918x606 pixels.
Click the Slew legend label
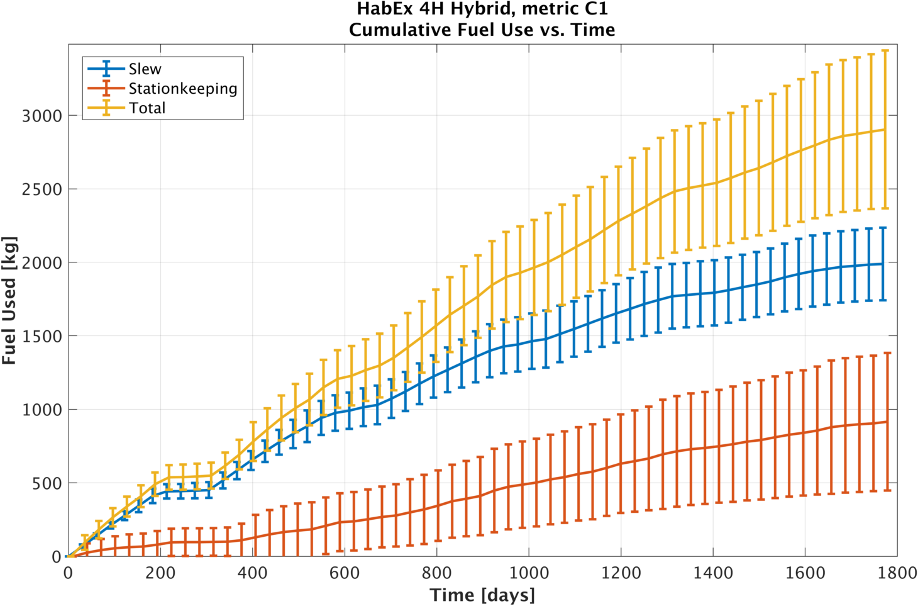(x=145, y=69)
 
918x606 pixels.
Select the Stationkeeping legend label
(x=183, y=89)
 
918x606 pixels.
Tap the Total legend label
(x=147, y=108)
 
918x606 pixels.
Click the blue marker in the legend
(x=106, y=69)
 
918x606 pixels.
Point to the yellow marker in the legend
(x=106, y=108)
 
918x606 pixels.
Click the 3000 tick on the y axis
(x=42, y=116)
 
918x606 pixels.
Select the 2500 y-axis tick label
(x=42, y=189)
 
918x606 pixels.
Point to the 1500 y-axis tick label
(x=42, y=336)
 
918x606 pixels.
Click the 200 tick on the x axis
(x=160, y=573)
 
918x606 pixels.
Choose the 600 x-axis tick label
(x=345, y=573)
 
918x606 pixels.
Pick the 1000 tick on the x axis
(x=529, y=573)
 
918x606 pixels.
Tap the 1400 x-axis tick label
(x=713, y=573)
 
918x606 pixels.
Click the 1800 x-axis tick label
(x=897, y=573)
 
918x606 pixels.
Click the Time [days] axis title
(x=482, y=595)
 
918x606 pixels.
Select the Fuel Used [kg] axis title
(x=9, y=300)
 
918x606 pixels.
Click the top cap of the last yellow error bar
(x=885, y=50)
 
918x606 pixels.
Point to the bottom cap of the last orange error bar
(x=885, y=490)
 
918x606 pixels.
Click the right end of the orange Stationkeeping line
(x=885, y=422)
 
